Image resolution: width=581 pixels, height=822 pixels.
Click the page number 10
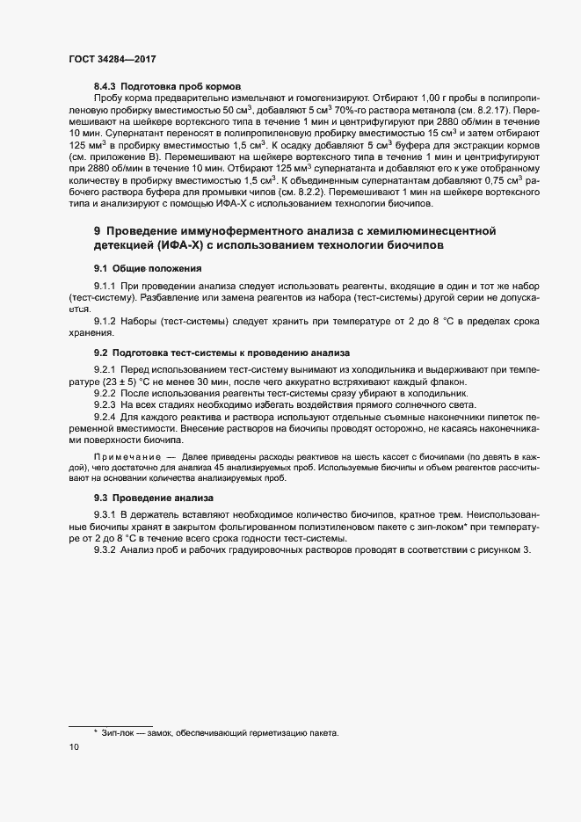point(74,748)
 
